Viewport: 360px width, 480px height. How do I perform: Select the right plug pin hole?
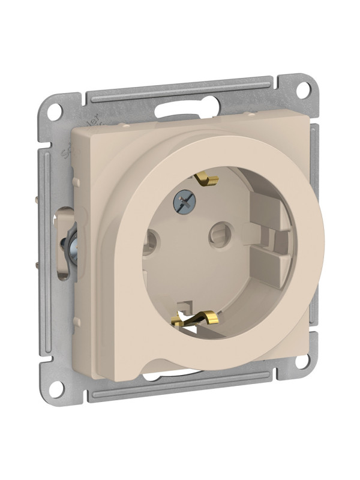point(219,230)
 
